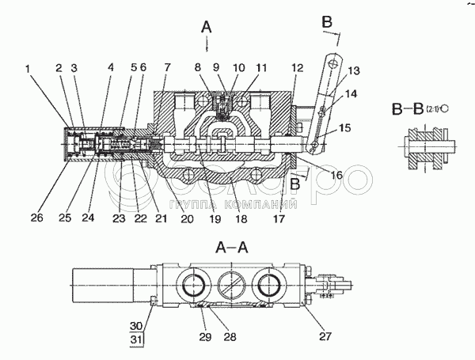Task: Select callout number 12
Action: click(x=296, y=68)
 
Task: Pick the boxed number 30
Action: click(x=137, y=325)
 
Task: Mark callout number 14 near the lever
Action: click(x=352, y=93)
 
